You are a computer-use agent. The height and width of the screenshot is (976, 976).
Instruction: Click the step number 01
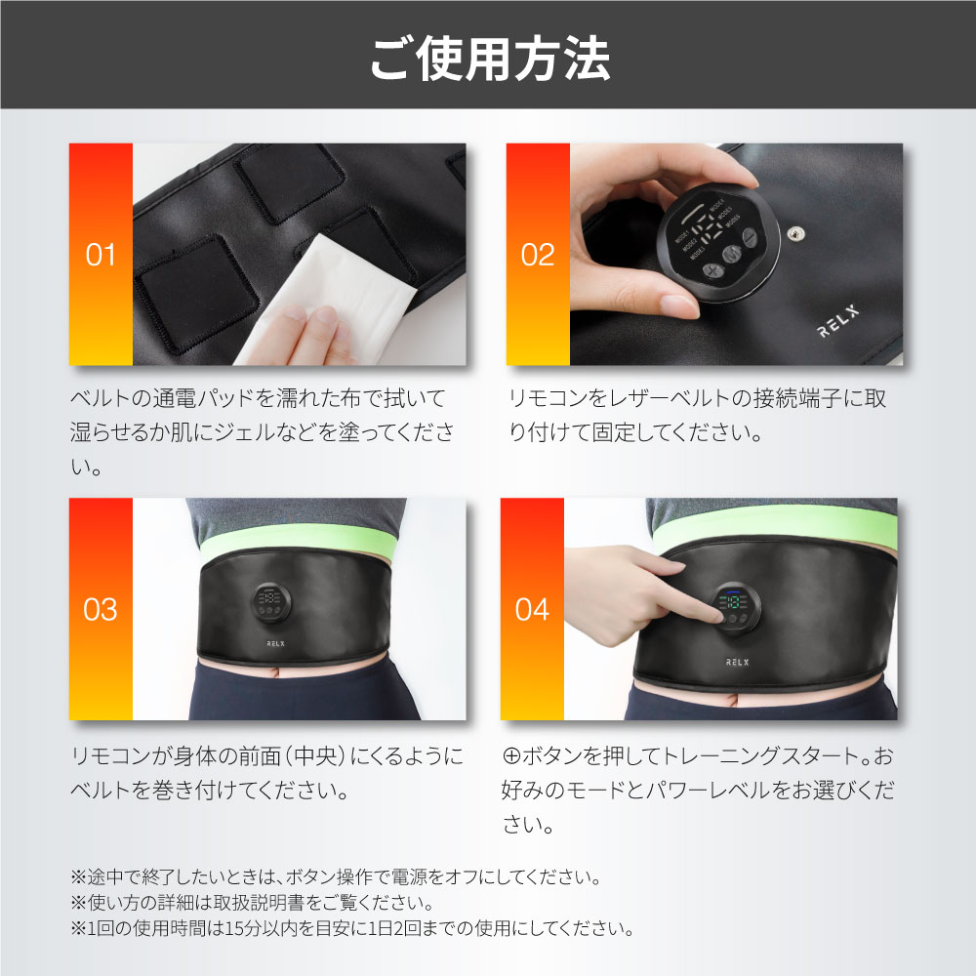pyautogui.click(x=101, y=256)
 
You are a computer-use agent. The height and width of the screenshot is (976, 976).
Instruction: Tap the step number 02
pyautogui.click(x=538, y=256)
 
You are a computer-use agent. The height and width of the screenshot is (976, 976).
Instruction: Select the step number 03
pyautogui.click(x=101, y=610)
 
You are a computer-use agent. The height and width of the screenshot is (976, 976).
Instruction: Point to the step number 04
pyautogui.click(x=532, y=610)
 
